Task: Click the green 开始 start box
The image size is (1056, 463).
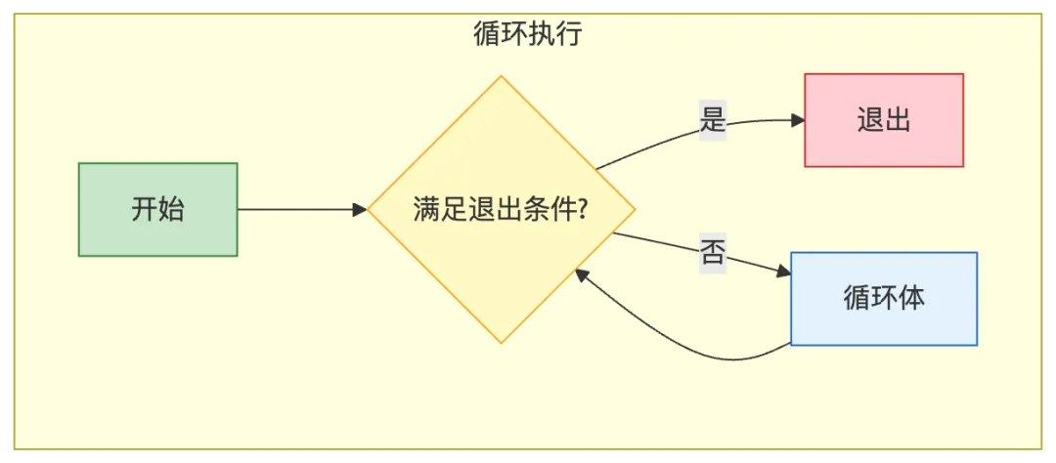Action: [157, 209]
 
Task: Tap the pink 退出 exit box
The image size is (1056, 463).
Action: [884, 120]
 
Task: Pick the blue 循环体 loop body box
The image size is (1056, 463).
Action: [883, 298]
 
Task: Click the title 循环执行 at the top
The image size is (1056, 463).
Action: [527, 35]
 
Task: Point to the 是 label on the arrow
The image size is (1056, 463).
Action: [713, 118]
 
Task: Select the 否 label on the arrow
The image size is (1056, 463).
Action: [713, 252]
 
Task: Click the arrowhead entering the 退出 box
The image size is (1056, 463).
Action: [798, 120]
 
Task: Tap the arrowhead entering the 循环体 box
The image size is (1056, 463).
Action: [784, 274]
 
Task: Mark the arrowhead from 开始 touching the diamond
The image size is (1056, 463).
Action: [360, 209]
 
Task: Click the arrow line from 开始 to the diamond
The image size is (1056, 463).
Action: [293, 209]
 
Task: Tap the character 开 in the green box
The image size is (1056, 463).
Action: [145, 209]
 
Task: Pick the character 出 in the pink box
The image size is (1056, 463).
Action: [898, 120]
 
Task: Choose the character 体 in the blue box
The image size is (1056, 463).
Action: [911, 298]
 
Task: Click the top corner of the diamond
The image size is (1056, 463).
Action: [502, 76]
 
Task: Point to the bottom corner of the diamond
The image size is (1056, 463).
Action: [502, 342]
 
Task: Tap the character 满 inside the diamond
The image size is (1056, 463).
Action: [425, 210]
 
